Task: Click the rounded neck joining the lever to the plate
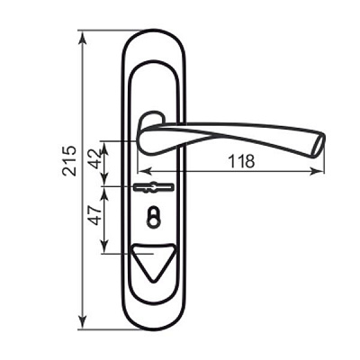(151, 121)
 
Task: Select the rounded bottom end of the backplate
(157, 320)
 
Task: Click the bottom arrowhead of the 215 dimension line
(83, 324)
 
